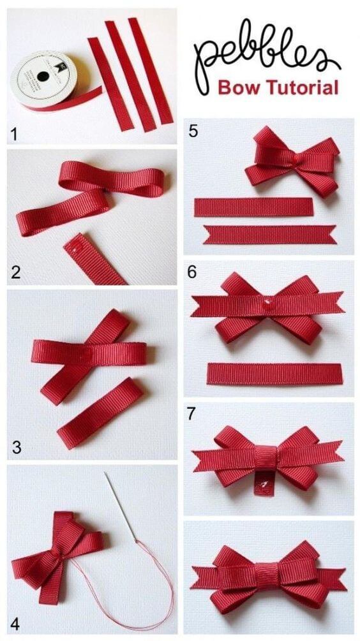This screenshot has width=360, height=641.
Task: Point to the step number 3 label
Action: [16, 448]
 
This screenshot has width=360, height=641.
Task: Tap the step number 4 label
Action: [15, 624]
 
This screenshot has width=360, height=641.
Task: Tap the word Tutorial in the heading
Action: [299, 87]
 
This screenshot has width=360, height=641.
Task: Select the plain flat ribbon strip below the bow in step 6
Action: [274, 374]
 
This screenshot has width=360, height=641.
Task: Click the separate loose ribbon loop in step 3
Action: [100, 413]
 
